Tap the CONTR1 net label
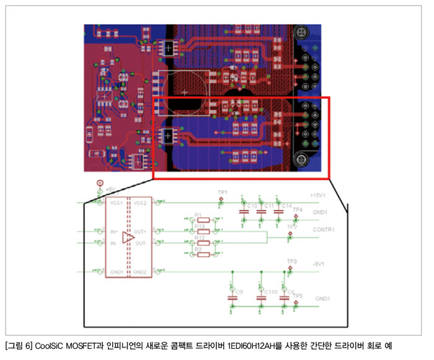pyautogui.click(x=324, y=229)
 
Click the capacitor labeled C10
pyautogui.click(x=243, y=211)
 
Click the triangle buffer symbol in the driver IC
pyautogui.click(x=128, y=237)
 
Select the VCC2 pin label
pyautogui.click(x=140, y=202)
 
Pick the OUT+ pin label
pyautogui.click(x=139, y=230)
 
